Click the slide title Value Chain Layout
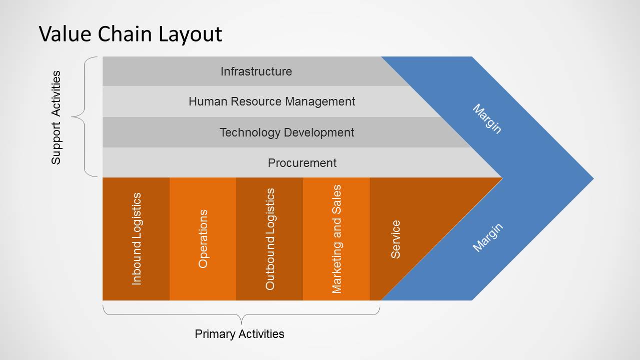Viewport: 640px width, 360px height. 130,34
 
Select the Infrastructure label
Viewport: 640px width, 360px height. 256,71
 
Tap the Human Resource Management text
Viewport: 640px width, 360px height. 272,101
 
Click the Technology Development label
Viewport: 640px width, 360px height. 287,132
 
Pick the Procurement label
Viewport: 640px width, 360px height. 302,163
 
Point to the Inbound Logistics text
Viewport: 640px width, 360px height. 136,239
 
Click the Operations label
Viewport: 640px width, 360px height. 203,239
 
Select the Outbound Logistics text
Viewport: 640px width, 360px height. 270,239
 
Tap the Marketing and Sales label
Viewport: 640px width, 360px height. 337,239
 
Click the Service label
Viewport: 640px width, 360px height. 395,239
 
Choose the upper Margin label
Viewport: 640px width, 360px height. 487,119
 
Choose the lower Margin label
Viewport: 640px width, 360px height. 487,238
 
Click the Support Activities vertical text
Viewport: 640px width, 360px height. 56,117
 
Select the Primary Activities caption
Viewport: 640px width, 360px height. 239,334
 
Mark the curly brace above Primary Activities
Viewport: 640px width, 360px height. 241,315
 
